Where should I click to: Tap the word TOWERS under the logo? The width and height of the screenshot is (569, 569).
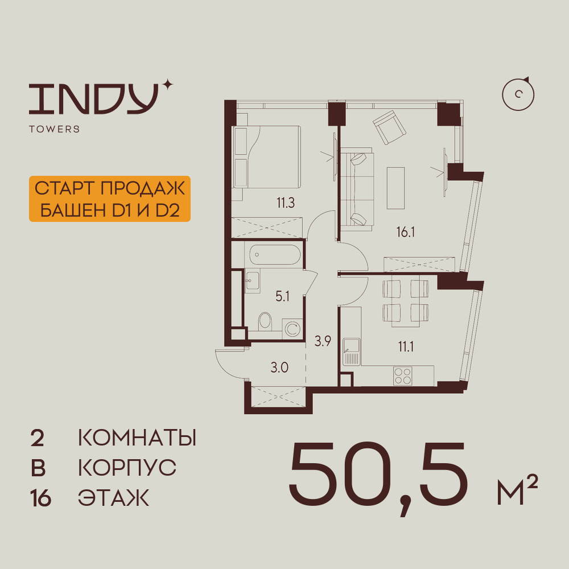point(54,129)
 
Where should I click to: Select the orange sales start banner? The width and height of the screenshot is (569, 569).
point(109,199)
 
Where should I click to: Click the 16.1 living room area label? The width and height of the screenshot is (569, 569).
point(407,231)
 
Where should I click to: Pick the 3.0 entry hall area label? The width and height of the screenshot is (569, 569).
point(279,366)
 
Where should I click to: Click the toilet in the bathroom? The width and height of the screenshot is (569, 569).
point(265,323)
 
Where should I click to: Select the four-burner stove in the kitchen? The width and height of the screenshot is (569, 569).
point(403,376)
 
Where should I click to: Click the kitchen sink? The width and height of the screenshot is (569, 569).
point(351,352)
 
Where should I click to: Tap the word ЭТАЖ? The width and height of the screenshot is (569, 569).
point(113,498)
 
